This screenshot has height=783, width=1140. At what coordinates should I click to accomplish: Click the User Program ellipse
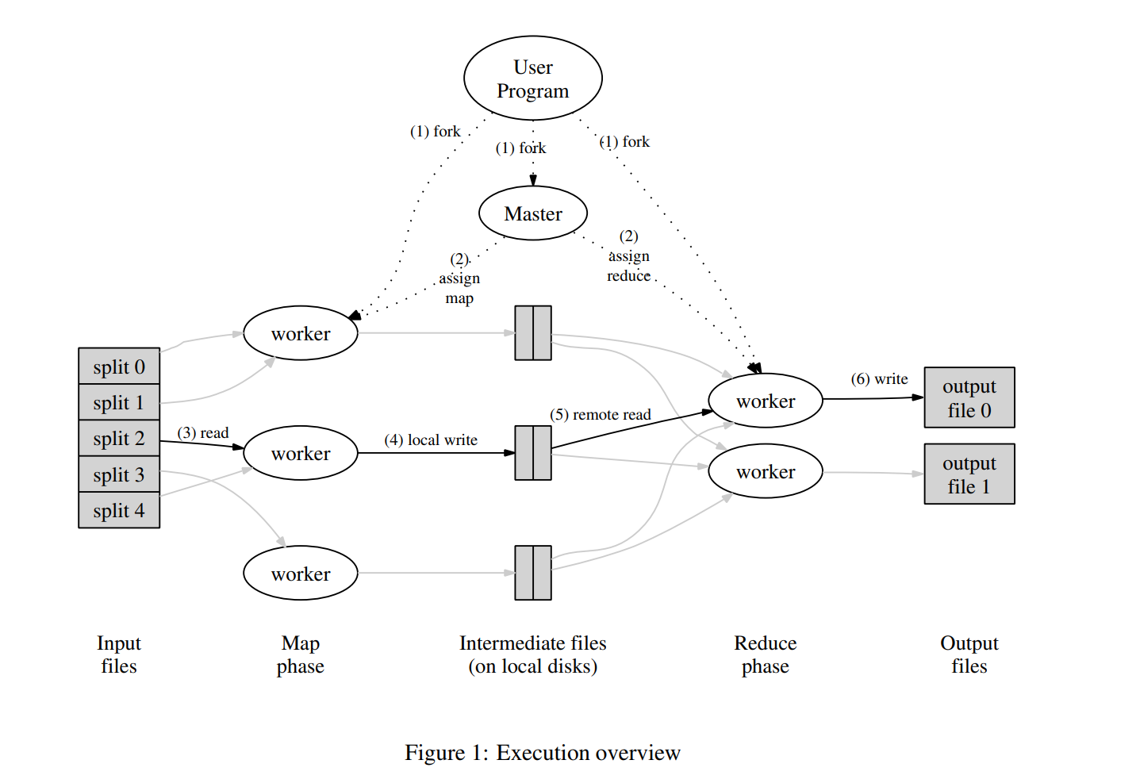(532, 79)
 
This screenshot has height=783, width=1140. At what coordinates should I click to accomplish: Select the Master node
(532, 213)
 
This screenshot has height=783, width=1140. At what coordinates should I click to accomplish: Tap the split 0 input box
(119, 367)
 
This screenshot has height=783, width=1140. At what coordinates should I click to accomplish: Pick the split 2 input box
(119, 439)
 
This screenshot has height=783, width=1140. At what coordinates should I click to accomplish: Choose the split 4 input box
(119, 511)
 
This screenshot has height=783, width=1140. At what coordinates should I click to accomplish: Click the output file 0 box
(969, 398)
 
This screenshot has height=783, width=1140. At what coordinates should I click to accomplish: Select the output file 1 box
(969, 474)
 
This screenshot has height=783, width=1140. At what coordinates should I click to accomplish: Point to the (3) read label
(203, 433)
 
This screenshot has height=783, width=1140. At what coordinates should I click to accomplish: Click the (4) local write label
(431, 440)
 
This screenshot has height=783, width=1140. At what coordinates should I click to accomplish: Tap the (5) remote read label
(600, 415)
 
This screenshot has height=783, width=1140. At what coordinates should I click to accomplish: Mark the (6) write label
(879, 379)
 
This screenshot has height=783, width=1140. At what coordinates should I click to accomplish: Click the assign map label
(459, 279)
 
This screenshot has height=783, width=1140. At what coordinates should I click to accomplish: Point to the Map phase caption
(300, 654)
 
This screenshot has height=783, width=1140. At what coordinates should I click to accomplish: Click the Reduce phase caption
(765, 654)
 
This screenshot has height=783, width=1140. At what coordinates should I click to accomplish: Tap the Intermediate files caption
(532, 654)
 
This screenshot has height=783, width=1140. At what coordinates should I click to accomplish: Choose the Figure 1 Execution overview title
(543, 753)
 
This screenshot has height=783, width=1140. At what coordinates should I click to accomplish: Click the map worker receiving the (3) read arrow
(301, 454)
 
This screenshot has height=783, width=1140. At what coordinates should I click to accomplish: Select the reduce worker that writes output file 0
(765, 401)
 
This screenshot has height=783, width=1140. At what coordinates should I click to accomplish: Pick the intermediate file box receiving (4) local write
(532, 453)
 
